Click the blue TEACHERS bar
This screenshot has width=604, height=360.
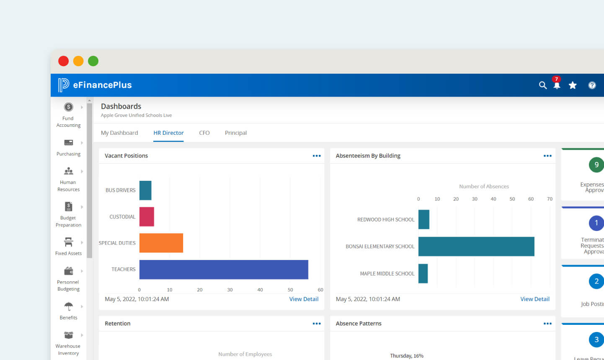coord(224,270)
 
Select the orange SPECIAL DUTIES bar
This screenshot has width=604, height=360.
coord(161,243)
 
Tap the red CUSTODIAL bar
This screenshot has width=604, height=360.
coord(147,216)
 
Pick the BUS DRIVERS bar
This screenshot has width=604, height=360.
coord(145,190)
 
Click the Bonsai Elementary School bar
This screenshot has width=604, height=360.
coord(476,247)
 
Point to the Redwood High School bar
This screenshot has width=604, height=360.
coord(424,219)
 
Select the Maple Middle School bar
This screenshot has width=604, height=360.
coord(423,273)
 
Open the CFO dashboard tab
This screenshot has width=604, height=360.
coord(204,133)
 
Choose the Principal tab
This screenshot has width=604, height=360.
coord(236,133)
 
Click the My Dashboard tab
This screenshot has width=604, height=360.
coord(119,133)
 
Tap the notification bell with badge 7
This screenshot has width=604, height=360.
coord(557,85)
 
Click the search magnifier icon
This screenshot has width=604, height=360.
coord(543,85)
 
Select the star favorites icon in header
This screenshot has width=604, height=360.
coord(573,85)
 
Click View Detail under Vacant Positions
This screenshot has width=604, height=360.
coord(304,299)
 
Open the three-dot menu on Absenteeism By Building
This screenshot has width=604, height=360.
coord(547,156)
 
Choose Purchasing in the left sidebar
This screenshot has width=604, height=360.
coord(69,147)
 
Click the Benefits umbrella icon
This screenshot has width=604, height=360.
coord(69,306)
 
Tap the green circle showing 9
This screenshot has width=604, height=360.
coord(596,165)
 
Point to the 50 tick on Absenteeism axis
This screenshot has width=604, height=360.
coord(512,199)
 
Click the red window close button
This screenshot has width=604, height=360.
coord(64,61)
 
